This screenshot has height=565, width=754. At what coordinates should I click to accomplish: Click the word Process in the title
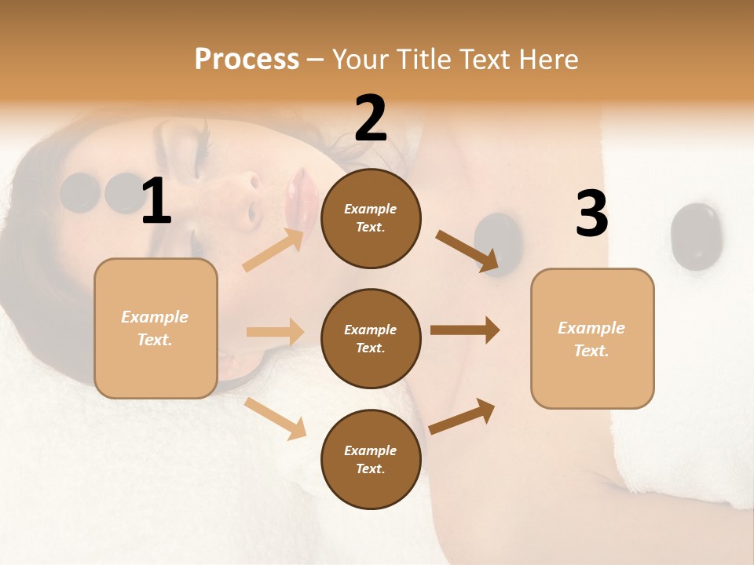click(x=247, y=60)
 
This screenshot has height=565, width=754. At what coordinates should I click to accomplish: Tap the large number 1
click(x=156, y=202)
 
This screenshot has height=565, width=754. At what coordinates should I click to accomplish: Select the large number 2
click(x=371, y=118)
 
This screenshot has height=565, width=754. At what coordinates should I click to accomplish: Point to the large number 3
click(x=591, y=213)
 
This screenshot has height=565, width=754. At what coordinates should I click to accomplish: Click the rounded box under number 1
click(x=156, y=328)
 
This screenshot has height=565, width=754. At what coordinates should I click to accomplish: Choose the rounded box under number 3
click(x=592, y=338)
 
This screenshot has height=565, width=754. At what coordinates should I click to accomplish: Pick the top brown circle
click(x=371, y=218)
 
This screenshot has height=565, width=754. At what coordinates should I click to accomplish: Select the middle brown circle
click(x=371, y=338)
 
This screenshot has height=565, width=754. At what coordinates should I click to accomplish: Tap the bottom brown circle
click(x=371, y=459)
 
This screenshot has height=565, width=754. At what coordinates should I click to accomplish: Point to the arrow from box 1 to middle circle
click(x=275, y=332)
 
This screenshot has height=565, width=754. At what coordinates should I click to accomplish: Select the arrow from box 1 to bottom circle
click(x=275, y=418)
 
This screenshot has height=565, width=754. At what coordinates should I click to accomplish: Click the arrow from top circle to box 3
click(x=467, y=250)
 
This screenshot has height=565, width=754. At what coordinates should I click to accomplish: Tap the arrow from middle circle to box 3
click(x=465, y=330)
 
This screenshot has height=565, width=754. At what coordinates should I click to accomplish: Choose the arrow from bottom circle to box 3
click(x=463, y=416)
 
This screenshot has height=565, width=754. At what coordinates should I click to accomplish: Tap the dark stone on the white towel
click(x=696, y=236)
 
